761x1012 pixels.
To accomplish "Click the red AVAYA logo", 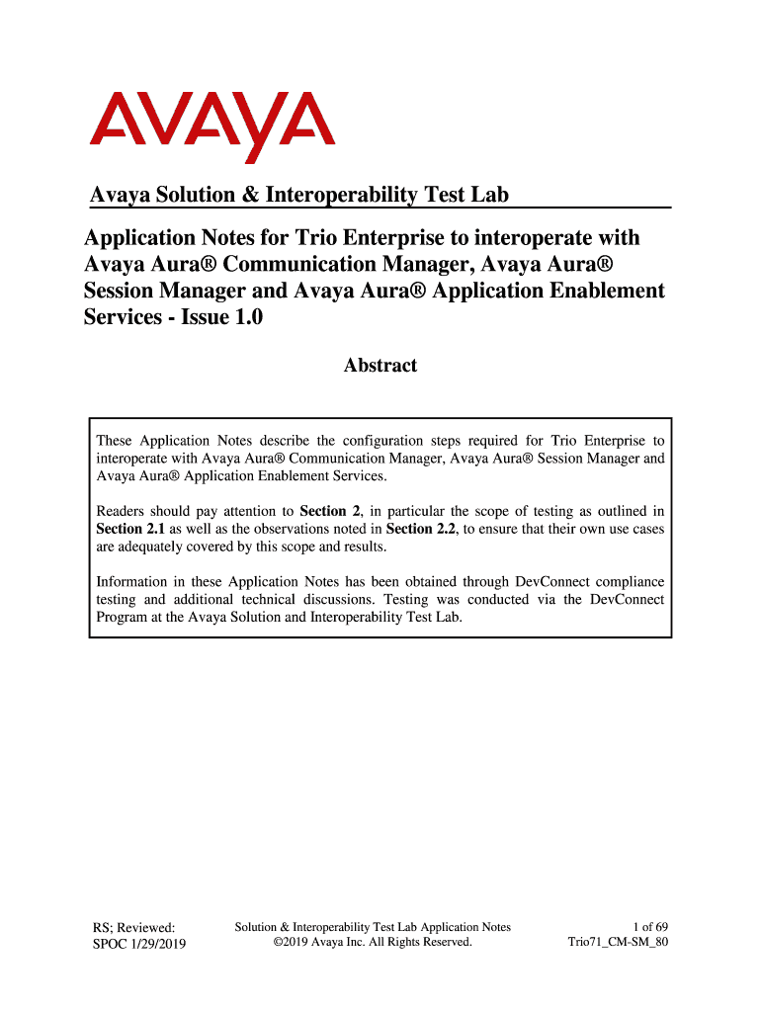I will click(x=212, y=126).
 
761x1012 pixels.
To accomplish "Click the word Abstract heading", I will click(x=380, y=366).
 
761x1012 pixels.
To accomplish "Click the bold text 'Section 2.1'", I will click(x=120, y=529).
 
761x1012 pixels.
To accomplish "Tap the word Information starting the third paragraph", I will click(x=136, y=582).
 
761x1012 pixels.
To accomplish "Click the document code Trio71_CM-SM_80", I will click(x=619, y=943).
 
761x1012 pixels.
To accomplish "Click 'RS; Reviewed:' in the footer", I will click(x=133, y=927).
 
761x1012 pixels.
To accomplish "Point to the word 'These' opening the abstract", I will click(x=114, y=441).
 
